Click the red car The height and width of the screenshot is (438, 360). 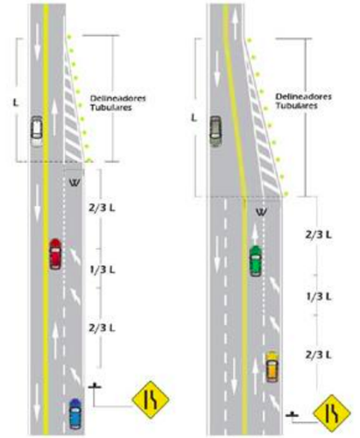pyautogui.click(x=55, y=254)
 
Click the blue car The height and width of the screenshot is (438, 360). pyautogui.click(x=75, y=413)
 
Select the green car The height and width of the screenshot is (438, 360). pyautogui.click(x=256, y=261)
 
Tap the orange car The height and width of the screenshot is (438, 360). pyautogui.click(x=272, y=367)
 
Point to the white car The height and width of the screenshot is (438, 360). pyautogui.click(x=37, y=131)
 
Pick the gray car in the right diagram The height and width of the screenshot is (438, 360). pyautogui.click(x=215, y=131)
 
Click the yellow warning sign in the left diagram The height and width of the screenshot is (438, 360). pyautogui.click(x=151, y=399)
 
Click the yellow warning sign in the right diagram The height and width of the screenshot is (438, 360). pyautogui.click(x=332, y=413)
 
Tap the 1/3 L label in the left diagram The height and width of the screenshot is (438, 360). pyautogui.click(x=102, y=270)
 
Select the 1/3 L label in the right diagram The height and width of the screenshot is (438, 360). pyautogui.click(x=319, y=297)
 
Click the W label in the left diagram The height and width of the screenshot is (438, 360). pyautogui.click(x=74, y=183)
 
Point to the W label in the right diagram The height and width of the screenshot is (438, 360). pyautogui.click(x=261, y=212)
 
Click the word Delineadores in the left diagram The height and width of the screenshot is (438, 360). pyautogui.click(x=118, y=98)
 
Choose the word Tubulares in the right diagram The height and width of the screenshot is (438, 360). pyautogui.click(x=297, y=105)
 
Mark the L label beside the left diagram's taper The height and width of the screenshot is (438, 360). pyautogui.click(x=16, y=102)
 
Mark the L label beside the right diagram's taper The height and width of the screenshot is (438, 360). pyautogui.click(x=194, y=118)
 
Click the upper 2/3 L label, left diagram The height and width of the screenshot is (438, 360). pyautogui.click(x=102, y=208)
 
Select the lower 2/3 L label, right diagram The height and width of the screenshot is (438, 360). pyautogui.click(x=319, y=355)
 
